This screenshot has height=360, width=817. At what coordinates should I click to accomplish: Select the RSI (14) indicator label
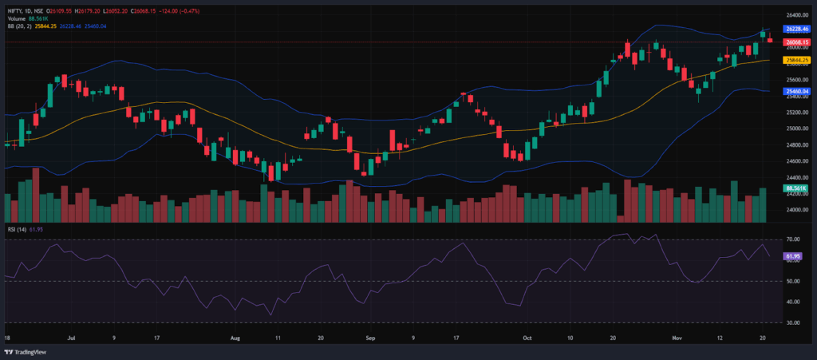18,229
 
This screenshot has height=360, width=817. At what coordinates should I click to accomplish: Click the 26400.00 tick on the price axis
797,14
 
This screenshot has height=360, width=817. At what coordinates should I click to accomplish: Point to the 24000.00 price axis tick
797,210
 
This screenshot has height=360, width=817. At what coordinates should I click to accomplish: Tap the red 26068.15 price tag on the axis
797,42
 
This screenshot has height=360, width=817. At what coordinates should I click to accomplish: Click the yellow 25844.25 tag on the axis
797,60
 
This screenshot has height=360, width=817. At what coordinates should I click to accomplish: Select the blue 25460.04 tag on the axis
797,92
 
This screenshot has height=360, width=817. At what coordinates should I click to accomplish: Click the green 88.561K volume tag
797,188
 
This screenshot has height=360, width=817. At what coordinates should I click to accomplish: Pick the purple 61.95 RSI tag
793,256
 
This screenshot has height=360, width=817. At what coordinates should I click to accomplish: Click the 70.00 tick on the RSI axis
793,239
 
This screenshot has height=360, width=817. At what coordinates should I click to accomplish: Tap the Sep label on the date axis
370,338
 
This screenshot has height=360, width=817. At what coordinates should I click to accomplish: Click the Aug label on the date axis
235,338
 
